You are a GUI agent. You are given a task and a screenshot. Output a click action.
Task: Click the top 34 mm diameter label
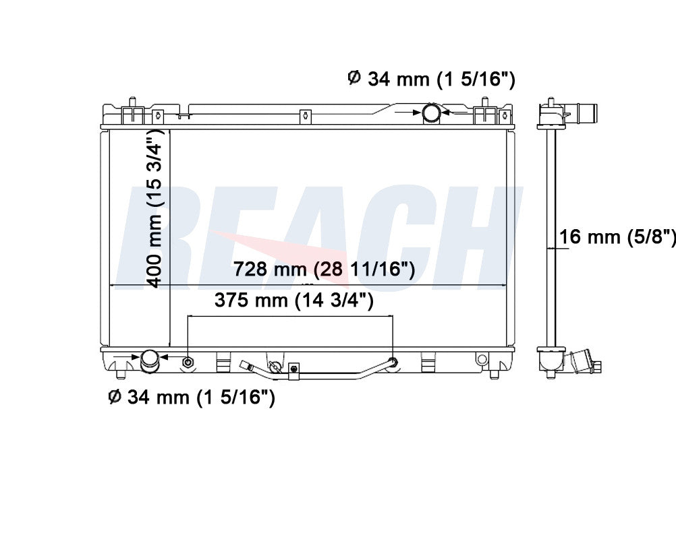tap(431, 79)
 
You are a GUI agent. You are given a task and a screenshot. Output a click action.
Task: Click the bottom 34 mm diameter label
tap(192, 397)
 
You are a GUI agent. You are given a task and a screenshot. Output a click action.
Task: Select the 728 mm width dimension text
tap(325, 270)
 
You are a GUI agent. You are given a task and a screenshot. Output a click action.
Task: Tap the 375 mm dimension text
tap(294, 300)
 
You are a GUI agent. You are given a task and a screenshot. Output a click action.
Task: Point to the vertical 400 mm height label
tap(154, 208)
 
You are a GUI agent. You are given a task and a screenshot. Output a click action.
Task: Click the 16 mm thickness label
tap(617, 237)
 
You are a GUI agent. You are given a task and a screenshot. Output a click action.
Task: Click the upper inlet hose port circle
tap(431, 113)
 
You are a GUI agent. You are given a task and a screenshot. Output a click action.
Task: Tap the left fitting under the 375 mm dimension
tap(188, 362)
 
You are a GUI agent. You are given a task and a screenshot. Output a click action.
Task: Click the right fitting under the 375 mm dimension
tap(393, 361)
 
